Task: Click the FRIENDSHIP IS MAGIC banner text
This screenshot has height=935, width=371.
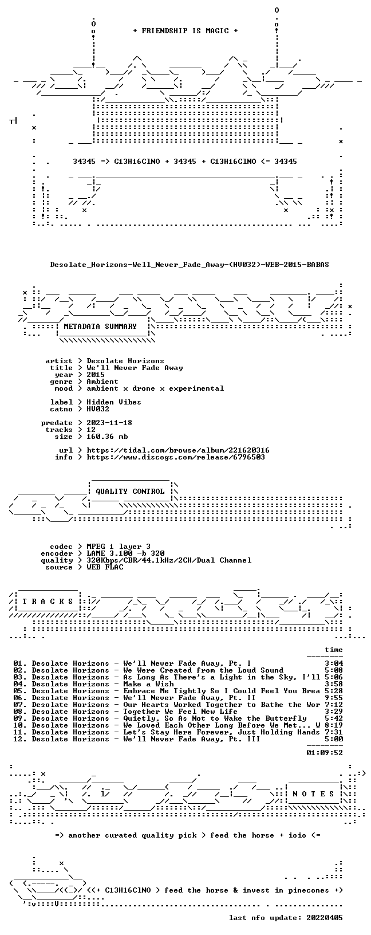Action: (185, 31)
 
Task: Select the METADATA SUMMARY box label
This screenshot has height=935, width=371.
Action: (100, 327)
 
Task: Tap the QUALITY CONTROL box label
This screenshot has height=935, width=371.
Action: (130, 492)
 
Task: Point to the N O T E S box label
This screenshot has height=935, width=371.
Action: (313, 794)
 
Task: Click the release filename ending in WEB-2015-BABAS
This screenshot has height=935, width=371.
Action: (190, 265)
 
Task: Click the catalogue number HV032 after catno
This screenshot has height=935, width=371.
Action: (98, 409)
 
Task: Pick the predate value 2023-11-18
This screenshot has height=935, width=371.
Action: (109, 423)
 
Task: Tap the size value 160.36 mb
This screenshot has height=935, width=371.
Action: (107, 437)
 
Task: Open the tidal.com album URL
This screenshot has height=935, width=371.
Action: (178, 450)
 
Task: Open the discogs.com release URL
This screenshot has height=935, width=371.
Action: (176, 457)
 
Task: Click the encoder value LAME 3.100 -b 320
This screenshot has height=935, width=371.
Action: (125, 553)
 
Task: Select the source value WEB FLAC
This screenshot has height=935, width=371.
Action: (105, 567)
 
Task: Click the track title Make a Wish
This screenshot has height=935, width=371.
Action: (148, 684)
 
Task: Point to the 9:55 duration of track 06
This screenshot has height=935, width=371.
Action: (334, 698)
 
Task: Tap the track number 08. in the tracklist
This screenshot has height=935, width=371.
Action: (20, 712)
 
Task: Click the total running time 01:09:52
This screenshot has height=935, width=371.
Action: (325, 753)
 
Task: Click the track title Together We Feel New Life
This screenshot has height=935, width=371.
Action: (180, 712)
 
